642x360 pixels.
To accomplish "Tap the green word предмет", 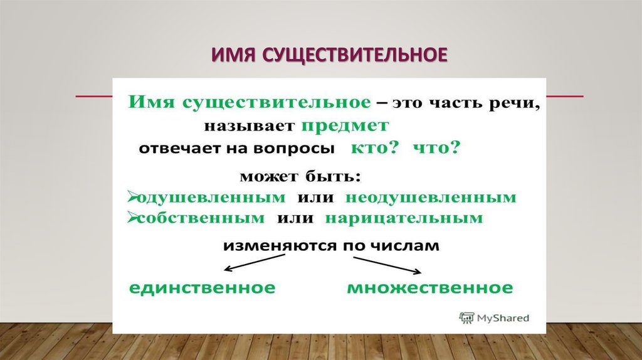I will pos(345,125).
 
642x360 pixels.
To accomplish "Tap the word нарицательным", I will pos(404,219).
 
